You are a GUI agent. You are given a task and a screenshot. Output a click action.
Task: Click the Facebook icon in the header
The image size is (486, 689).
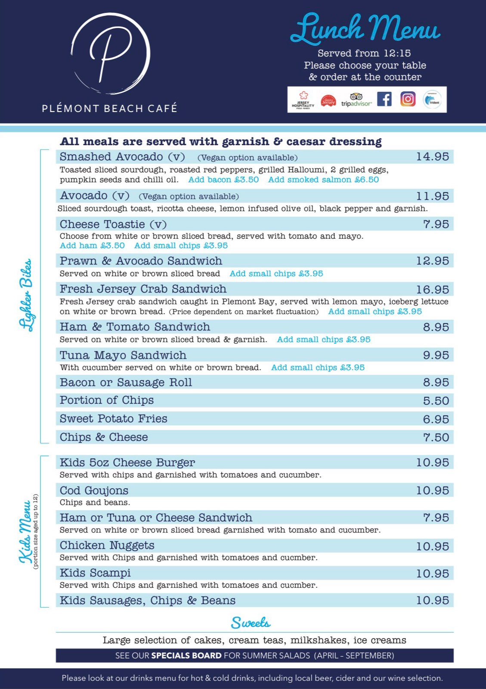(384, 99)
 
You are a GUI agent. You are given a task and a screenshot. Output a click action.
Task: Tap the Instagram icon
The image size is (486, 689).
(408, 99)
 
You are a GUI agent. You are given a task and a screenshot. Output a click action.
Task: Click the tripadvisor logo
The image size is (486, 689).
(356, 100)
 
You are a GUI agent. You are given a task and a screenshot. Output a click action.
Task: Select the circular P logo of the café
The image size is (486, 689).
(110, 54)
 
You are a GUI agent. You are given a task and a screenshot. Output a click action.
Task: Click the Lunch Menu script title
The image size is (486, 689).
(365, 29)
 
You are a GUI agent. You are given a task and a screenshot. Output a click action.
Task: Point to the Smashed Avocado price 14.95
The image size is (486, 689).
(432, 157)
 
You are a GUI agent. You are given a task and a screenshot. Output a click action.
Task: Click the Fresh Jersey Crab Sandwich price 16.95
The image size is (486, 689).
(432, 290)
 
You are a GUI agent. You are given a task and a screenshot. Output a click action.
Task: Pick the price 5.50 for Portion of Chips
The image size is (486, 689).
(436, 401)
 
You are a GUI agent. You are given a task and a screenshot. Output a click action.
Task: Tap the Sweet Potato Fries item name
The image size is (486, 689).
(114, 419)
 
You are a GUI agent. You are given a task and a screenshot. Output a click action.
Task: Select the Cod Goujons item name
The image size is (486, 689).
(94, 490)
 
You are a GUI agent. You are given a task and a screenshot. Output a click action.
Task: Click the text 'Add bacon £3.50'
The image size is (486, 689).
(223, 180)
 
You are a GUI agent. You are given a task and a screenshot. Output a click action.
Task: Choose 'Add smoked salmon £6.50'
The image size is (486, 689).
(323, 180)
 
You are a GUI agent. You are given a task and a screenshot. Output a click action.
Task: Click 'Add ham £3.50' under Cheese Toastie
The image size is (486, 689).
(92, 246)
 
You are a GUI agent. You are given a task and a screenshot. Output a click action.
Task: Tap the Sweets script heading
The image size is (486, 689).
(251, 623)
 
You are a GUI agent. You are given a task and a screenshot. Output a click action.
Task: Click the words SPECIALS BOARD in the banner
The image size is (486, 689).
(186, 656)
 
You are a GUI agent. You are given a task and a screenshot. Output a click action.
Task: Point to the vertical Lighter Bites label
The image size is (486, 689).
(27, 295)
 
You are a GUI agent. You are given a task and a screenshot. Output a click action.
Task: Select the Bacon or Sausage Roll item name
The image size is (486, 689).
(126, 383)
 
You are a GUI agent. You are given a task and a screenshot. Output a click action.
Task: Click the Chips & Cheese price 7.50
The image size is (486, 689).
(436, 437)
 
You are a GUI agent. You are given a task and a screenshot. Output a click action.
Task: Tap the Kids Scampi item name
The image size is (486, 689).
(95, 573)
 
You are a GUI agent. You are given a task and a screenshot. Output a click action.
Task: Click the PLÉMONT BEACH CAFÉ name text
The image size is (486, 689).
(109, 108)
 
